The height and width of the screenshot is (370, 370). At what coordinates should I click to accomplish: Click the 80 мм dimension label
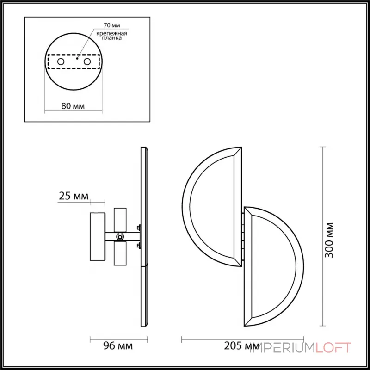73,106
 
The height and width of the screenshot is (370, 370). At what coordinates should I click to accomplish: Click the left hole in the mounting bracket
61,61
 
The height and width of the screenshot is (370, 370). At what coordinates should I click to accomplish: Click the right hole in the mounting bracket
86,61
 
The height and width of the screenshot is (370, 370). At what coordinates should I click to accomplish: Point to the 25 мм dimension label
74,196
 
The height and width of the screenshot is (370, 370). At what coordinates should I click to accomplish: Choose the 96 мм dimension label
117,346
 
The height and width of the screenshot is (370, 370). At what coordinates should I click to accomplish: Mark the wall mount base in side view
98,237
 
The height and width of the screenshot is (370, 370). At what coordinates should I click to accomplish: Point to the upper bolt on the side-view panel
138,227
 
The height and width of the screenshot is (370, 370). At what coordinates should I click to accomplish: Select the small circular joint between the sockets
120,237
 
